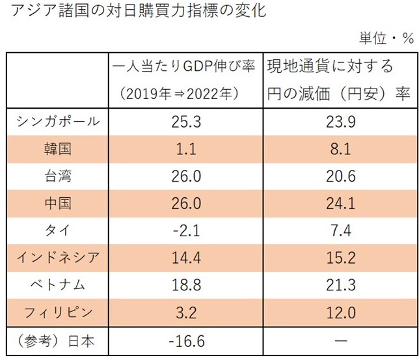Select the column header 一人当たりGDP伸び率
click(x=183, y=67)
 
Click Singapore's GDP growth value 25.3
click(x=183, y=121)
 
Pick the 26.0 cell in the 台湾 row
click(x=183, y=176)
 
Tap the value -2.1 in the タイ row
click(x=183, y=230)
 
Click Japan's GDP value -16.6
click(x=183, y=340)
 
